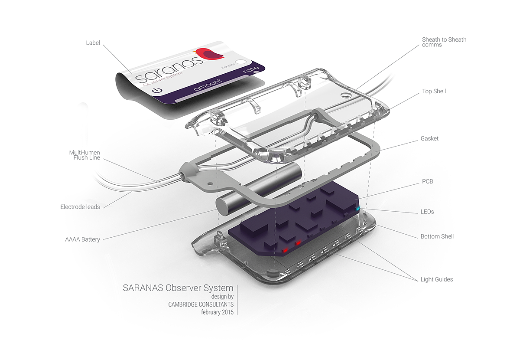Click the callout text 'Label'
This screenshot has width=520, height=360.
point(93,43)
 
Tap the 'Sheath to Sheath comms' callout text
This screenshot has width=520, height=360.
point(444,42)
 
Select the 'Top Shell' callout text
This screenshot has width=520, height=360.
point(434,92)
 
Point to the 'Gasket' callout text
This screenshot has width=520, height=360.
point(429,138)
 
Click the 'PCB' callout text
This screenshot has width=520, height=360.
point(427,181)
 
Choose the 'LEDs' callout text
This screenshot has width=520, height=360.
point(427,212)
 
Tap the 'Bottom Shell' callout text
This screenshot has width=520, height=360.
point(437,236)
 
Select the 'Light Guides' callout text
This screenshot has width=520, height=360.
point(437,279)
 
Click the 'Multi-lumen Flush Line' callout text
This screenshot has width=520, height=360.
point(84,155)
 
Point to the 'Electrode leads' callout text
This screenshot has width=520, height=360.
point(80,207)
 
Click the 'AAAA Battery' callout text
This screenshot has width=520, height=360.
point(82,239)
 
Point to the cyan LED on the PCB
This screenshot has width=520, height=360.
point(357,209)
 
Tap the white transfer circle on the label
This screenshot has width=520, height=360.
point(240,62)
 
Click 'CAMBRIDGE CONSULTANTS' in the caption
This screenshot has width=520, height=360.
point(201,304)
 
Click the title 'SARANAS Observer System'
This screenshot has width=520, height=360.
point(178,288)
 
